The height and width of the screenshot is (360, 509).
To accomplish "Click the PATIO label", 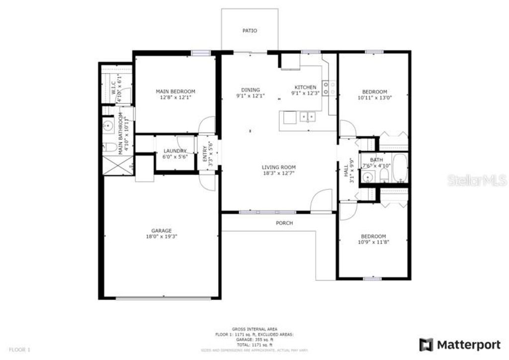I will [x=250, y=31].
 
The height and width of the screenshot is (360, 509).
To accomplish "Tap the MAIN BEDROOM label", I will [x=175, y=91].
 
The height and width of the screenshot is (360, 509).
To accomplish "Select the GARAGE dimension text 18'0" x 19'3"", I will [x=162, y=237].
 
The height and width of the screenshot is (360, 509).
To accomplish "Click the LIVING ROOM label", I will [x=279, y=167].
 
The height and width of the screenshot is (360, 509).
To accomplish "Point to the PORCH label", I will [x=284, y=223].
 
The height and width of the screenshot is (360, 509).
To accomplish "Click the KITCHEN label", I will [x=305, y=87].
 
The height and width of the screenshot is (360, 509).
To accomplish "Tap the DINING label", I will [x=251, y=90].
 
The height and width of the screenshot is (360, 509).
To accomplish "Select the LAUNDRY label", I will [x=174, y=151].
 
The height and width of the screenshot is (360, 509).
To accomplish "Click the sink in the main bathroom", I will [x=108, y=125].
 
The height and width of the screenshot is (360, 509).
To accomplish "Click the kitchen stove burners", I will [x=326, y=88].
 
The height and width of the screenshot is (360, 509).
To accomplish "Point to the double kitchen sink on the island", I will [x=306, y=117].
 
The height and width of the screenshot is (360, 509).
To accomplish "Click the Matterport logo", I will [x=460, y=344].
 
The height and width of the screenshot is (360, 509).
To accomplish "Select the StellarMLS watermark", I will [x=477, y=180].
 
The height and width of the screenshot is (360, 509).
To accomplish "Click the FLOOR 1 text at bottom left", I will [x=20, y=350].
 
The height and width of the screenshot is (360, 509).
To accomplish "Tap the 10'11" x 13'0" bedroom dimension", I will [x=374, y=98].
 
